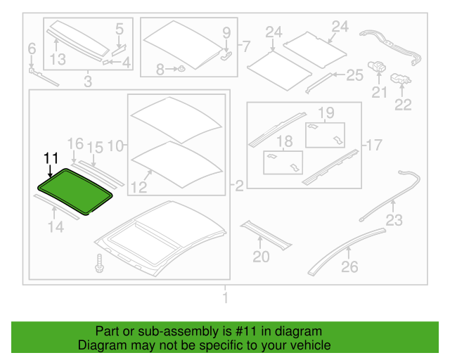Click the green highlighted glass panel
point(75,191)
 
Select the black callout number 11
point(51,158)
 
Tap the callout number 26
point(349,266)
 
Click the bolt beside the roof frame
point(100,263)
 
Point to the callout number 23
point(394,220)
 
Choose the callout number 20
point(261,257)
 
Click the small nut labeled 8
point(181,69)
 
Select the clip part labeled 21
point(377,67)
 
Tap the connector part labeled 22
point(401,79)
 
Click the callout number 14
point(56,227)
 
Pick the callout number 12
point(139,188)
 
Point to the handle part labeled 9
point(226,55)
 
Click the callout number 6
point(32,49)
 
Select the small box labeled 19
point(325,135)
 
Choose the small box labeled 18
point(283,162)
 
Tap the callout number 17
point(374,145)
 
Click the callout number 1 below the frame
point(225,297)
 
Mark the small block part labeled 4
point(105,62)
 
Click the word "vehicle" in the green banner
point(313,345)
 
